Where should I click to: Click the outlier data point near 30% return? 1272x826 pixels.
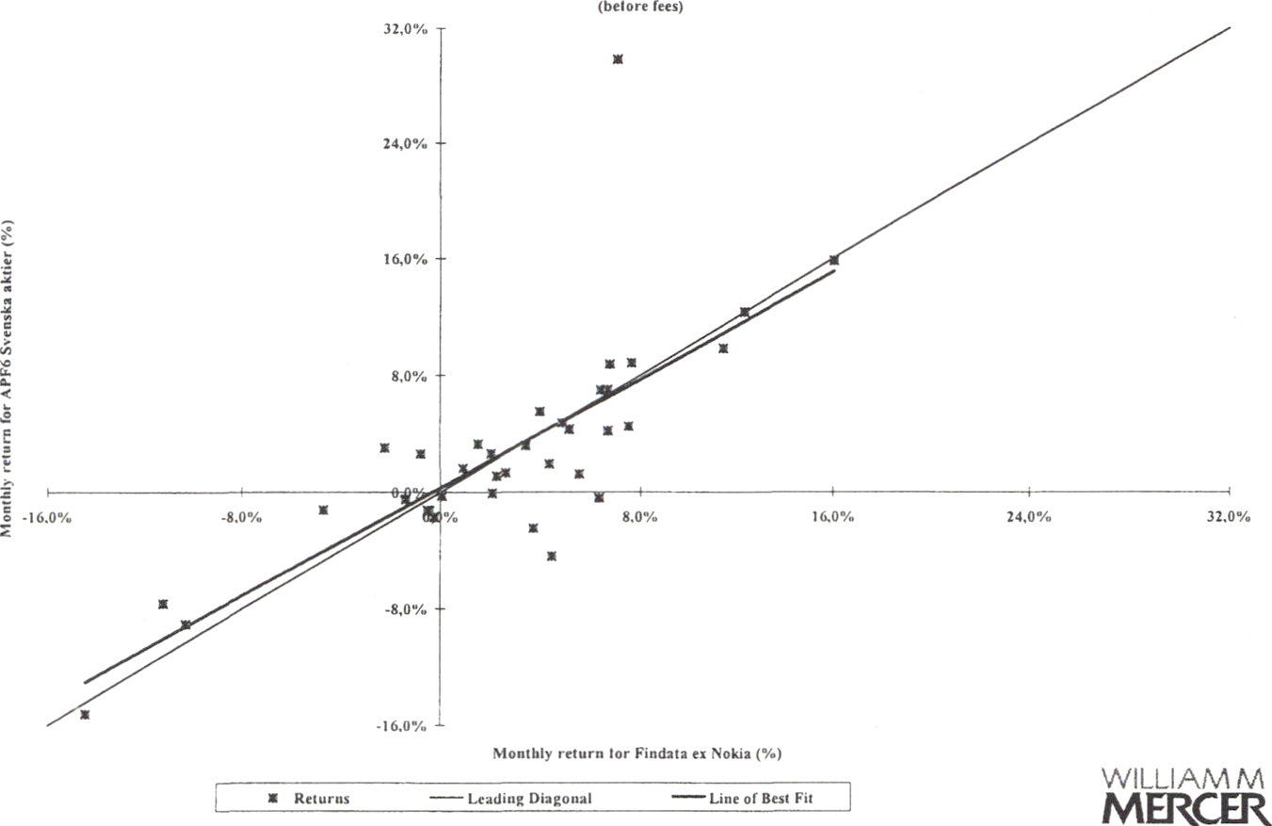(618, 59)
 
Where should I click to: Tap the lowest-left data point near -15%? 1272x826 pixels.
(85, 715)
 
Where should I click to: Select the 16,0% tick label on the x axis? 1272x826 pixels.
(833, 516)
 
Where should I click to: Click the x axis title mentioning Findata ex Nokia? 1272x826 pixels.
(637, 753)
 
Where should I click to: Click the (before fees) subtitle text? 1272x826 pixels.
(624, 7)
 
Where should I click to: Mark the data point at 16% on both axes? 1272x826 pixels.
(833, 260)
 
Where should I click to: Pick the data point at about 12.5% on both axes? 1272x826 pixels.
(745, 312)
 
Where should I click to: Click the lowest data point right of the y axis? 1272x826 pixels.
(552, 557)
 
